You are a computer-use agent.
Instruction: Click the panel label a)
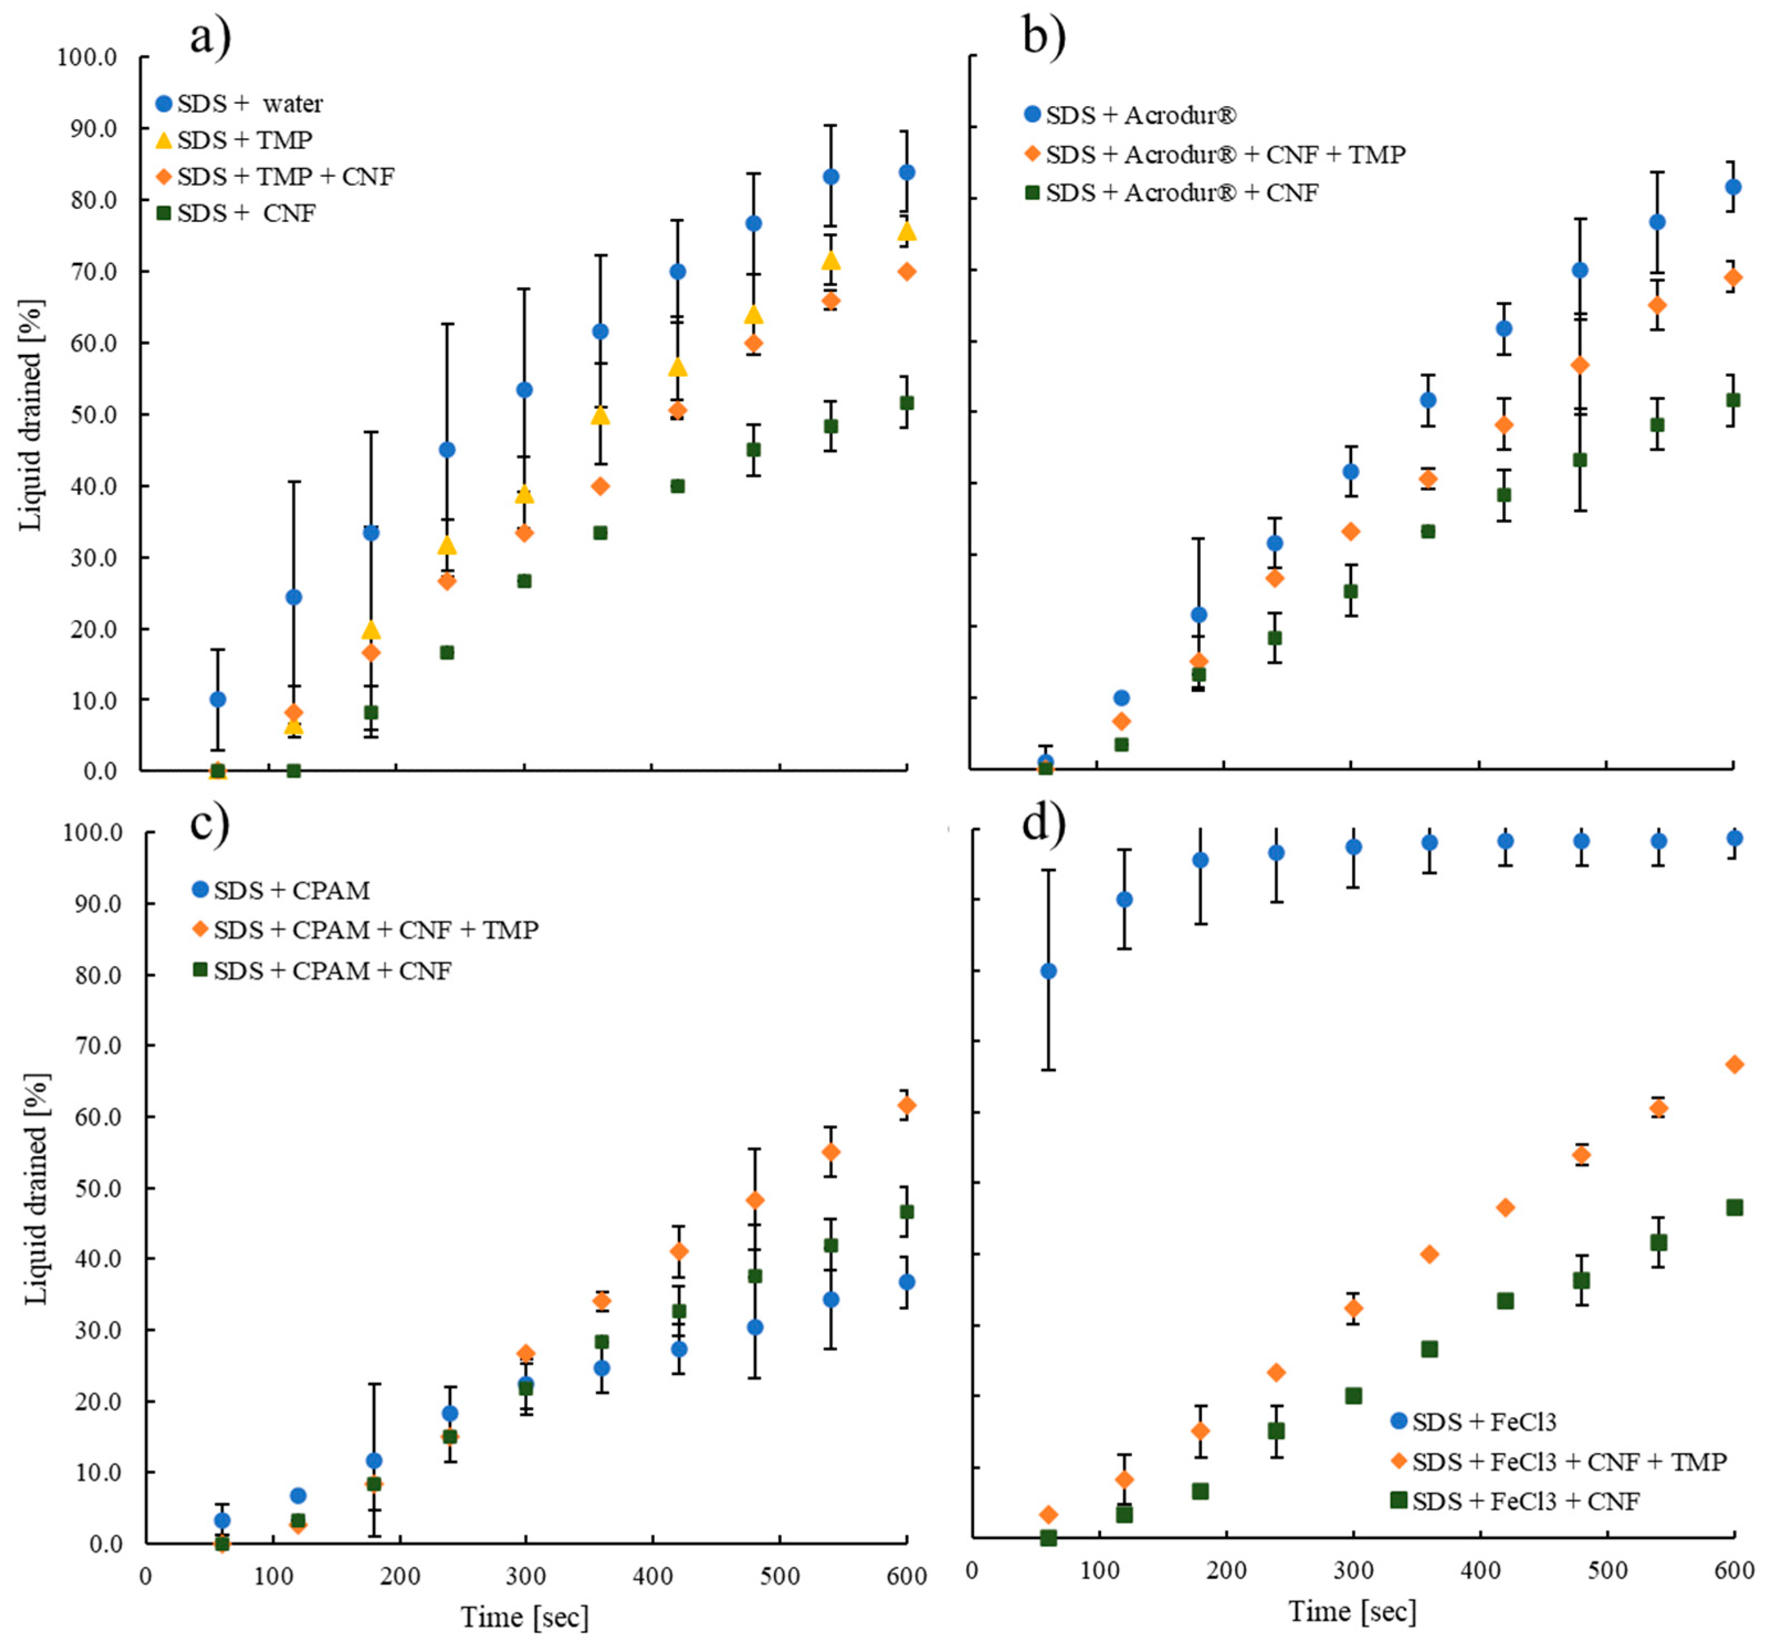tap(210, 38)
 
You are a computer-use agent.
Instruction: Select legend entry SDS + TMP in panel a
tap(244, 140)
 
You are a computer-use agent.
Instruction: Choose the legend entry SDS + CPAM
tap(292, 890)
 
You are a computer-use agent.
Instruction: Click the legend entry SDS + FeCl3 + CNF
tap(1525, 1501)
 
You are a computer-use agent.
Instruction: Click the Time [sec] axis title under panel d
tap(1353, 1611)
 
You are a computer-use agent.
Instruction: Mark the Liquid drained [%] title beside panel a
tap(31, 415)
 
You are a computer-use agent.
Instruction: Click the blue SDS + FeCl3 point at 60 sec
tap(1049, 971)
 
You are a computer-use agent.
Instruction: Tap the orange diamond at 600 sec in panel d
tap(1734, 1064)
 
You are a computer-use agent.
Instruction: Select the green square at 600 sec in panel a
tap(907, 403)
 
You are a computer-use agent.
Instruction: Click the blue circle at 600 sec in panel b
tap(1733, 187)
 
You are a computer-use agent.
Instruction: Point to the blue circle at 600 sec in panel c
tap(907, 1282)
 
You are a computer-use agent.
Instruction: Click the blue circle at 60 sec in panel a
tap(218, 700)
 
